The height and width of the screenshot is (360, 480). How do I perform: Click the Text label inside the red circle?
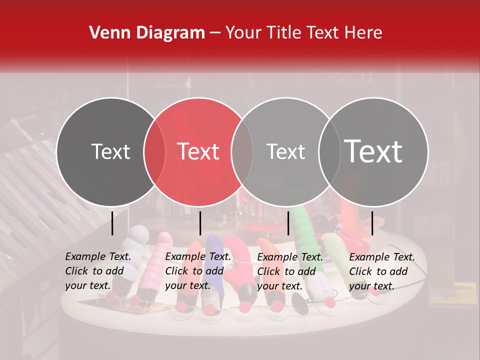(x=198, y=151)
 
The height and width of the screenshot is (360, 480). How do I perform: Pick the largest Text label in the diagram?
(x=373, y=151)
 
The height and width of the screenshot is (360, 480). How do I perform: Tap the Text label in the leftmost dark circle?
(x=110, y=151)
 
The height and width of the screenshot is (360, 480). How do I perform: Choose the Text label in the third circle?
(x=285, y=151)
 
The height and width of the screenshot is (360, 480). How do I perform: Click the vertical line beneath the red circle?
(x=200, y=223)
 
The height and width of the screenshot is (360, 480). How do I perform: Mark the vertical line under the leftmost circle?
(x=112, y=223)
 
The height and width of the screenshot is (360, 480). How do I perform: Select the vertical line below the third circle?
(x=288, y=223)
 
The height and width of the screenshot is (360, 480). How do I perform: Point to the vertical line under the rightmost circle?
(x=372, y=223)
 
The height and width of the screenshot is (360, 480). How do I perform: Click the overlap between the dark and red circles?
(x=154, y=151)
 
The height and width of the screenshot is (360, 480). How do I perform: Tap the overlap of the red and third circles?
(x=242, y=151)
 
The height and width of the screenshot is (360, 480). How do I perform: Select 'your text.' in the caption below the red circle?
(x=187, y=286)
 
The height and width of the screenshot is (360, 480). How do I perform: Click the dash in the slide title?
(x=215, y=33)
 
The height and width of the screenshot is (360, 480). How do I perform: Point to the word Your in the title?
(x=243, y=33)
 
